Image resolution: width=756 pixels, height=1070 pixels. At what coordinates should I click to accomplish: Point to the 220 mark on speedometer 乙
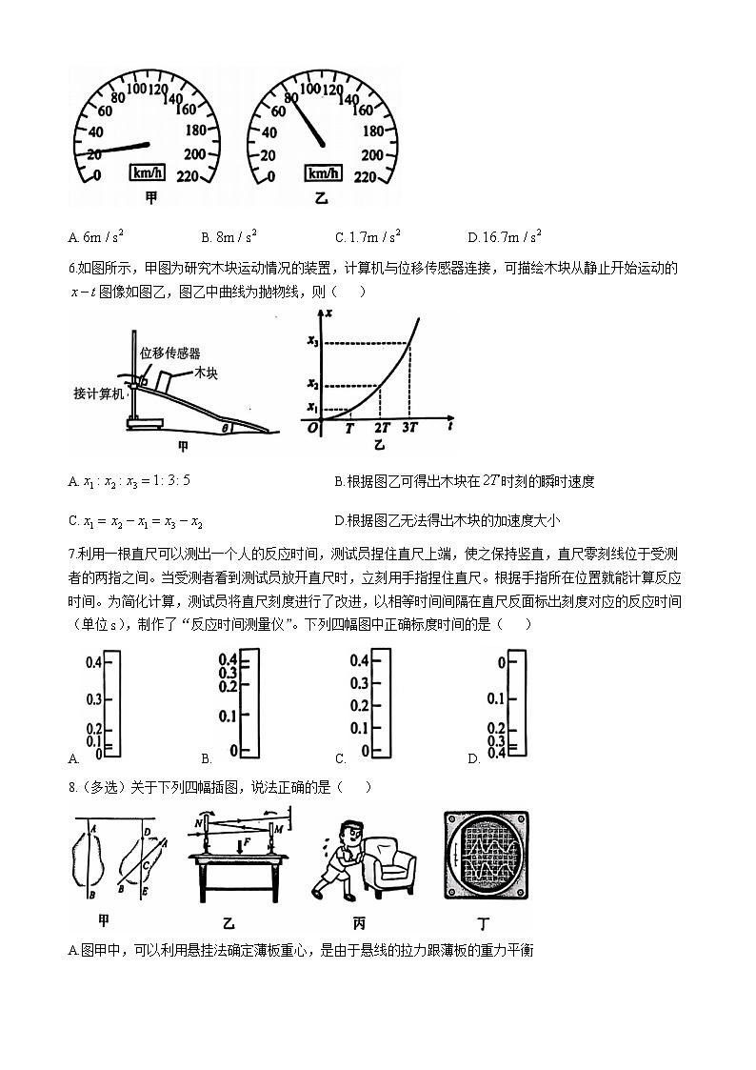[369, 176]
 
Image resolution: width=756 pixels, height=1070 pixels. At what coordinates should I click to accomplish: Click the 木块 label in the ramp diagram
[207, 373]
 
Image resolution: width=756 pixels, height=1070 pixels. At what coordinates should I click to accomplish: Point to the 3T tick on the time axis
[409, 428]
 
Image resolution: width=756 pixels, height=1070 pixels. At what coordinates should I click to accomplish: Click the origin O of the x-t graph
[312, 428]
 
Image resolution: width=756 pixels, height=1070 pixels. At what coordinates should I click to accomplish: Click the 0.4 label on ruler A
[92, 662]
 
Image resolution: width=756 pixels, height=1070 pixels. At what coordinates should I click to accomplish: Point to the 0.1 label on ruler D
[495, 699]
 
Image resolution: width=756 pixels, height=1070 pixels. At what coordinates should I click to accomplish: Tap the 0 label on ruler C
[365, 752]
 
